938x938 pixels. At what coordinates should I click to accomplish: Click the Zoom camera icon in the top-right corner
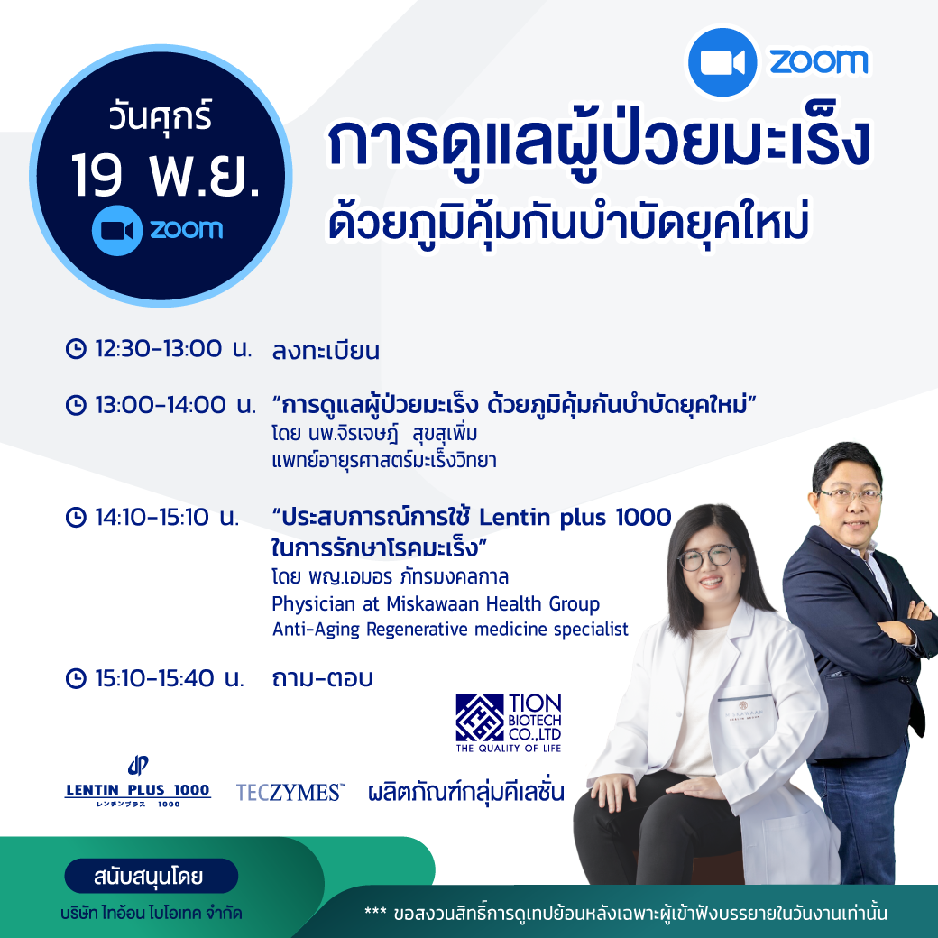click(722, 62)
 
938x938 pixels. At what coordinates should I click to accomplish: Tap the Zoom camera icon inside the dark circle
click(117, 230)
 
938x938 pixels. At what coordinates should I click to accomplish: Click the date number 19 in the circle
click(97, 175)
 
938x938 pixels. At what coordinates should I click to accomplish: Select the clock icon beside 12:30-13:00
click(76, 348)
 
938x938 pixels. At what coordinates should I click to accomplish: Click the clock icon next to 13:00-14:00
click(76, 405)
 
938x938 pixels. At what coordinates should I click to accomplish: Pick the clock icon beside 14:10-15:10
click(76, 517)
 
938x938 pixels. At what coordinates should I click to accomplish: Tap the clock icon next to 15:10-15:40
click(76, 677)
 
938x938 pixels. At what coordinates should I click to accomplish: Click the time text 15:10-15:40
click(154, 677)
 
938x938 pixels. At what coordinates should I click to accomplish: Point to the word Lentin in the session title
click(514, 517)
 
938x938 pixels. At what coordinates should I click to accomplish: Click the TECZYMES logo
click(290, 792)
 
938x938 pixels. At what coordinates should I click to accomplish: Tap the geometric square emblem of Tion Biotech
click(479, 717)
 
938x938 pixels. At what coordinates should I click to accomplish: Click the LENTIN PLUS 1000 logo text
click(138, 790)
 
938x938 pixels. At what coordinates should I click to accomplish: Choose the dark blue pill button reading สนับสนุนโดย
click(151, 877)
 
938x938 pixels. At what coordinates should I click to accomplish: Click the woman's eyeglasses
click(706, 557)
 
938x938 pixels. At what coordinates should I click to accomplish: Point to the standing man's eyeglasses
click(850, 495)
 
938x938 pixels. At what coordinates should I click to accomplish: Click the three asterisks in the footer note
click(375, 912)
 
